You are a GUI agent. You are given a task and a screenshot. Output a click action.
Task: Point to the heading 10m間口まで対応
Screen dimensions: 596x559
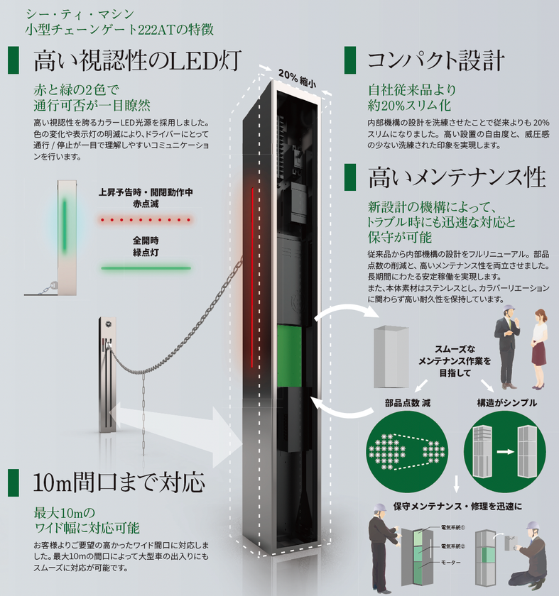coord(119,482)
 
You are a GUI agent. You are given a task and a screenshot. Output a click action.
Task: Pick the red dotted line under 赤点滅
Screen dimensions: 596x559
coord(146,221)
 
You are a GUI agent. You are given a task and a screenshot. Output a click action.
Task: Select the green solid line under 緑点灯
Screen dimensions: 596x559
coord(146,268)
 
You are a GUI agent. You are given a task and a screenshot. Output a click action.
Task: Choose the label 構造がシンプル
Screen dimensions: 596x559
coord(506,403)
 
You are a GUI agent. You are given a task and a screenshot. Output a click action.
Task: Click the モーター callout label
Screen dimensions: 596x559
coord(452,563)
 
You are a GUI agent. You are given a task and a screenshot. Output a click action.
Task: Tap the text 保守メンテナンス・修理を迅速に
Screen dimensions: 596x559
coord(458,507)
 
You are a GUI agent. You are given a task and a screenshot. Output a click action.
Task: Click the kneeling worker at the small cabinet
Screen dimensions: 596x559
coord(531,557)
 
